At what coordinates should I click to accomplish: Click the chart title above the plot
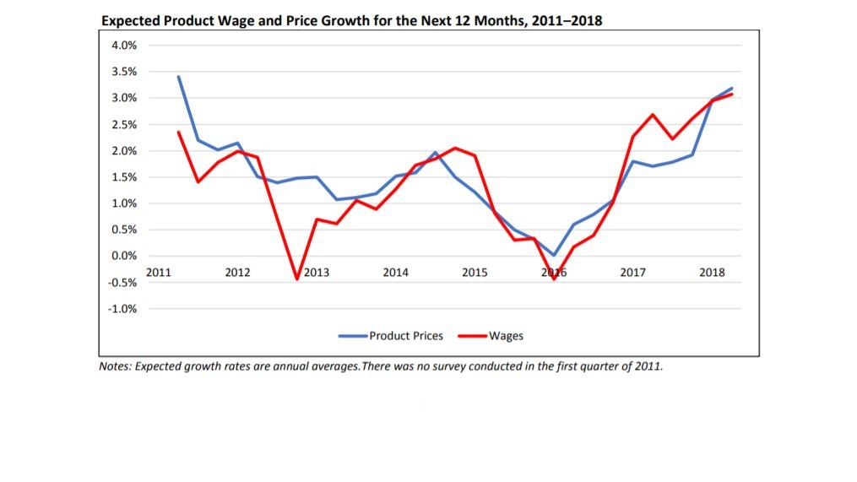pos(351,20)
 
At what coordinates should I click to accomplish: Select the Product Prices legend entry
pos(405,336)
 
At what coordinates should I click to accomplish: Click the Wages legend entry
pos(506,336)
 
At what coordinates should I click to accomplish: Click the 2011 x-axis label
pos(158,272)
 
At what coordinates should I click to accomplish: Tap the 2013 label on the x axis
pos(317,272)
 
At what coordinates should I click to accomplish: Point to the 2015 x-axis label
pos(475,272)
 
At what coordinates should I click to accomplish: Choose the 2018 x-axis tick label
pos(712,272)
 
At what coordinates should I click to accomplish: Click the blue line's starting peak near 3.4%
pos(178,77)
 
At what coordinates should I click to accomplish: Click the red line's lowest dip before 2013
pos(297,279)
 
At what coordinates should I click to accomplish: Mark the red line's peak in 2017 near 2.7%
pos(653,115)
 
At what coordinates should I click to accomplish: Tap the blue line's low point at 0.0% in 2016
pos(554,255)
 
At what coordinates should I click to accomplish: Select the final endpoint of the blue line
pos(732,89)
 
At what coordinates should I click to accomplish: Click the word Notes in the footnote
pos(115,367)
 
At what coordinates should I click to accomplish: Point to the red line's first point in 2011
pos(178,132)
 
